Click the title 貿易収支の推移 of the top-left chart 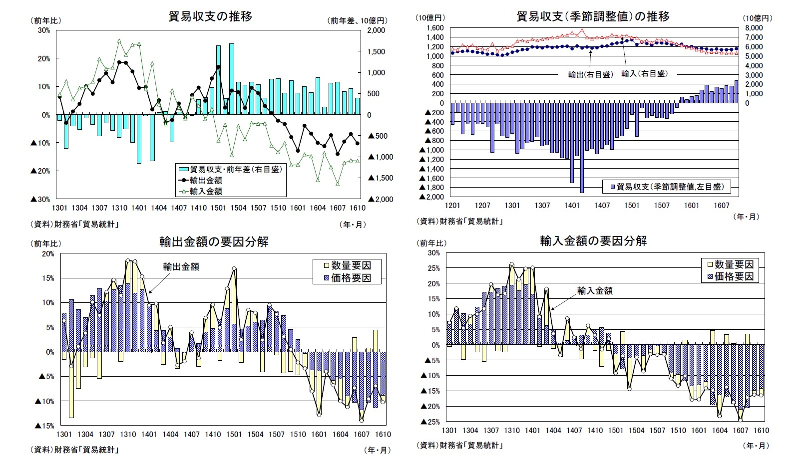(210, 16)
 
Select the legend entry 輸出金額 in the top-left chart (206, 180)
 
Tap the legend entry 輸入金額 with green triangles (206, 191)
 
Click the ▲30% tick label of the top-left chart (41, 199)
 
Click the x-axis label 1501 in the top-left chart (218, 208)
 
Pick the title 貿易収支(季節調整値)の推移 (593, 16)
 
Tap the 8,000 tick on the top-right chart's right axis (754, 28)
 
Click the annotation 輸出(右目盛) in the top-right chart (590, 74)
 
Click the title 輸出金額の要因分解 (214, 242)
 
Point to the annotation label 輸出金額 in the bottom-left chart (181, 267)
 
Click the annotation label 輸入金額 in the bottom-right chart (595, 291)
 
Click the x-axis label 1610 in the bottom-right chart (761, 430)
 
